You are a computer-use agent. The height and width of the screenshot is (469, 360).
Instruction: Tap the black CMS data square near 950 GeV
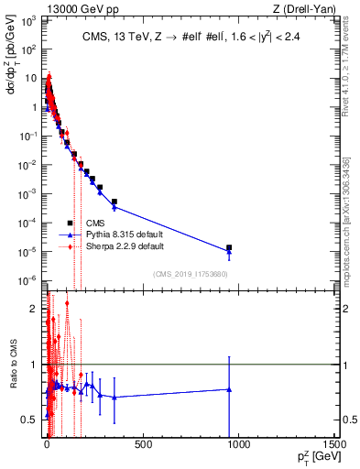point(229,247)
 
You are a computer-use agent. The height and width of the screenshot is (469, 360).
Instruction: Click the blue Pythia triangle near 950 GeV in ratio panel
point(229,389)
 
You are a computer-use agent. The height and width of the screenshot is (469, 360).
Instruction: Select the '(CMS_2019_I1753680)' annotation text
point(191,274)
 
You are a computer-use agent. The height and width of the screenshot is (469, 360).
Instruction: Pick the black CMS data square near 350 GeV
point(115,202)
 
